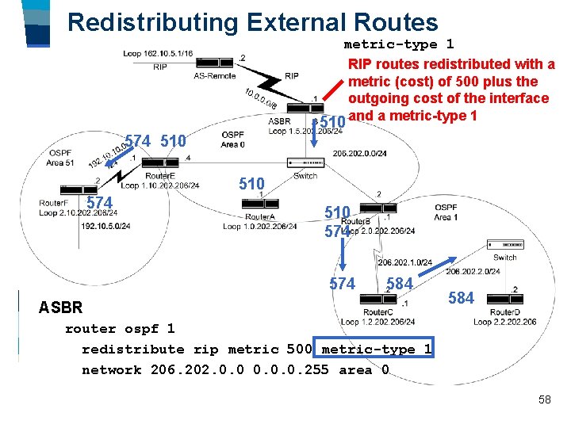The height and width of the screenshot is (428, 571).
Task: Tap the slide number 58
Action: coord(544,400)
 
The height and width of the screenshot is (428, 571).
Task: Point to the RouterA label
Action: coord(259,216)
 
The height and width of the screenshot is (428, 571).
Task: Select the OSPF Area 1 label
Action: coord(446,212)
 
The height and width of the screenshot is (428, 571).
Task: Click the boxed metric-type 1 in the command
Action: coord(376,350)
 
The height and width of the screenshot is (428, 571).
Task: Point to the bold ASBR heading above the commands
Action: coord(60,308)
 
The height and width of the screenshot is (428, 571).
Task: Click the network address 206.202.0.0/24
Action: coord(359,154)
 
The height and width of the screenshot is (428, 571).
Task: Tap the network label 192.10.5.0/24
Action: coord(105,226)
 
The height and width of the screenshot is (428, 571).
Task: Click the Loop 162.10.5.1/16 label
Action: coord(158,54)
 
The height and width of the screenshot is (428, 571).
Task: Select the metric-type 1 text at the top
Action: coord(398,44)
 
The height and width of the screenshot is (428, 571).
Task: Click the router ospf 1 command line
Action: coord(119,329)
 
